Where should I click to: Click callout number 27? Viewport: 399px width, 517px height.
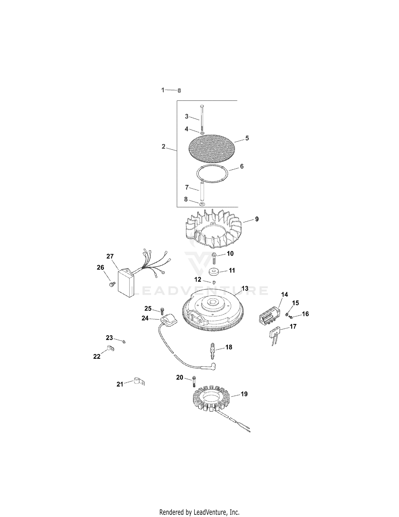tap(110, 256)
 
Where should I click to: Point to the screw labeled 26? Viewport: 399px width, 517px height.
tap(111, 284)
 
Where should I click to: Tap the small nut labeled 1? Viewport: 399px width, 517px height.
tap(179, 91)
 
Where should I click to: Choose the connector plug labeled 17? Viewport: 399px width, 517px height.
tap(274, 336)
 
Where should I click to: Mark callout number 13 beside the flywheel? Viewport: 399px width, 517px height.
tap(245, 288)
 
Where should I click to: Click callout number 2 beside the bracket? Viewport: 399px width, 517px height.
tap(163, 146)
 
